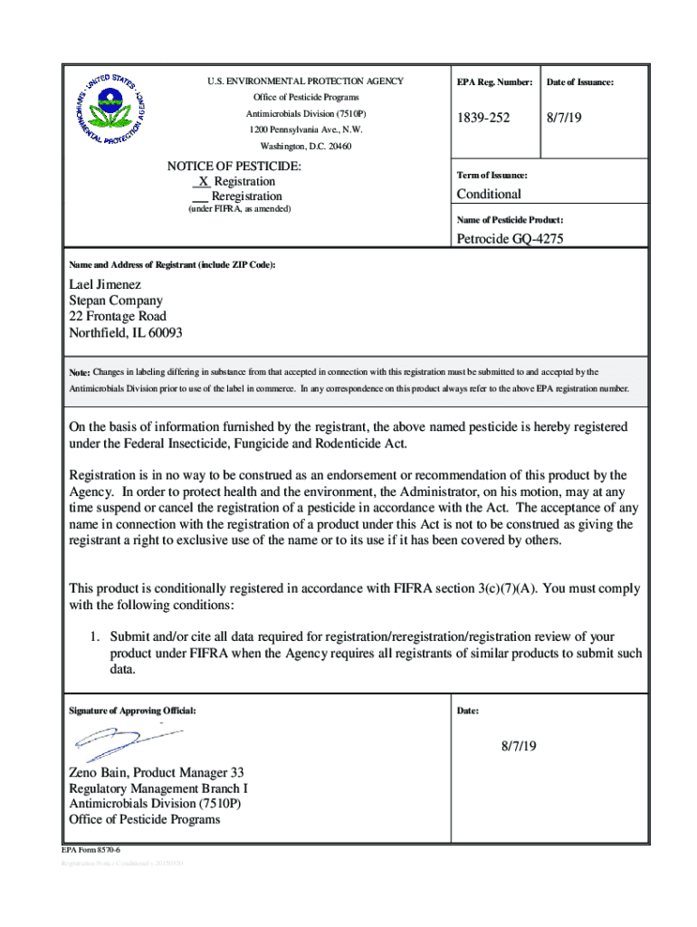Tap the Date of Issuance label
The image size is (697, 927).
579,82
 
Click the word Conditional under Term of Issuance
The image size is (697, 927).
489,195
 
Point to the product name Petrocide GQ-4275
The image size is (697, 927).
519,239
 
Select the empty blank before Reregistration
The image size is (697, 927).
200,196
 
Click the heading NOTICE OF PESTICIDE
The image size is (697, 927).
234,167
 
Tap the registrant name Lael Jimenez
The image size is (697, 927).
105,284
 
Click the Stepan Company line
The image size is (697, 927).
116,301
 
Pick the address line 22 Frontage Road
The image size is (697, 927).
118,317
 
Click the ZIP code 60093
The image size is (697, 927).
164,333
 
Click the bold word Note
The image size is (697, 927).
80,372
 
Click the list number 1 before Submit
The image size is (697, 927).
93,637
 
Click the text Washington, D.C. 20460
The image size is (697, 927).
306,146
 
